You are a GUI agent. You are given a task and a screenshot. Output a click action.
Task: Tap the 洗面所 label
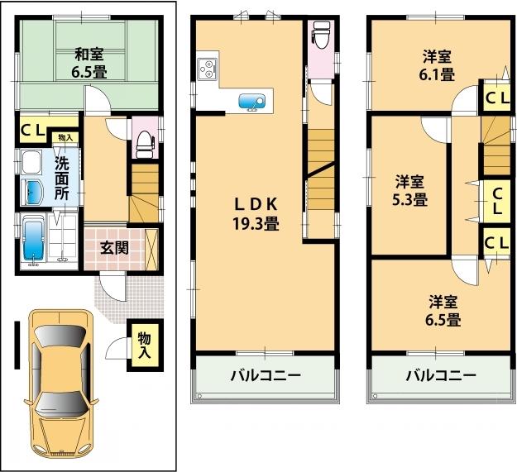click(62, 174)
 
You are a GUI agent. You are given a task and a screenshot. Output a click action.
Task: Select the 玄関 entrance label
click(113, 246)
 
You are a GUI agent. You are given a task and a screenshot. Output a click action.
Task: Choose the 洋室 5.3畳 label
click(409, 190)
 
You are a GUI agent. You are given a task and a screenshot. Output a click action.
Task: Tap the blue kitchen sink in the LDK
click(251, 101)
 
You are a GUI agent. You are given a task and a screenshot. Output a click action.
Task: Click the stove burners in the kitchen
click(207, 69)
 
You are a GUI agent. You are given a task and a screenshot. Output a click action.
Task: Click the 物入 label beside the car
click(144, 346)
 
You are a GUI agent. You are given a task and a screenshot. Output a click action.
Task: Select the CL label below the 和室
click(33, 129)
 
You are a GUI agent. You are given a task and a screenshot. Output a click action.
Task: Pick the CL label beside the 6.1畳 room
click(496, 98)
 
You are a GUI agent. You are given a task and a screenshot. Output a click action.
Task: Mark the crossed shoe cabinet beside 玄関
click(153, 245)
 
